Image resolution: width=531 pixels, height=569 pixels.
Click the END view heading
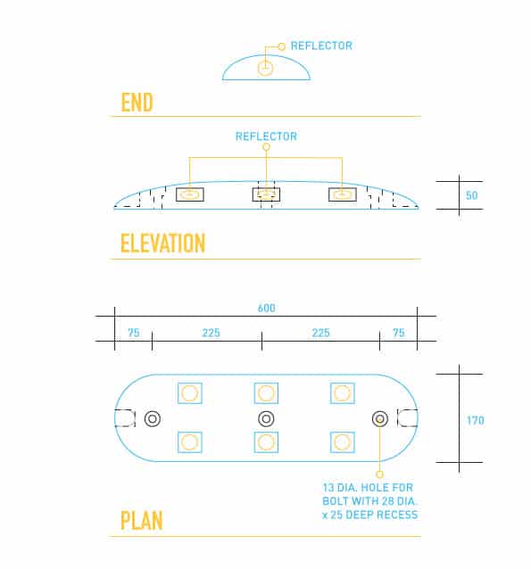click(137, 103)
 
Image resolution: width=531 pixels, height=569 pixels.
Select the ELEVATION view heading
click(162, 243)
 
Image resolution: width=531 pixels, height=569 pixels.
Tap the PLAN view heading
click(141, 520)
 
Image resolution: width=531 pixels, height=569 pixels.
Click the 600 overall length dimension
click(266, 308)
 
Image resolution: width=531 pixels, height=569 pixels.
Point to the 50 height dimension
click(471, 195)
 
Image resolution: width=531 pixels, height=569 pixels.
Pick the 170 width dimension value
click(476, 421)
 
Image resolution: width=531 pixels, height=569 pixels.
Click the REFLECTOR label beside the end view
click(321, 45)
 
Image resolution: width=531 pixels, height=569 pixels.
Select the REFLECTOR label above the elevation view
click(266, 136)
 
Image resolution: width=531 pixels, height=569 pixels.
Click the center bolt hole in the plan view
click(266, 419)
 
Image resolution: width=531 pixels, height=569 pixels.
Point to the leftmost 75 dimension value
click(133, 333)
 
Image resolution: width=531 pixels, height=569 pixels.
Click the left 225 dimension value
click(211, 333)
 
